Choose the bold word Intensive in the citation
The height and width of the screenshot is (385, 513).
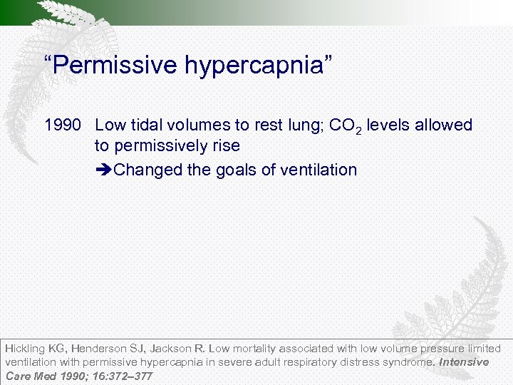[x=464, y=362]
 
